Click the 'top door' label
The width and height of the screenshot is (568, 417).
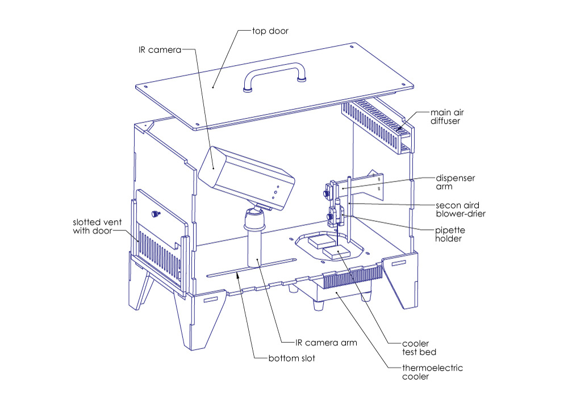tap(270, 31)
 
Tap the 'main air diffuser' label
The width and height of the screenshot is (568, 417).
tap(449, 116)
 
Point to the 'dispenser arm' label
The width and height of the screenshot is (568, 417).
tap(455, 182)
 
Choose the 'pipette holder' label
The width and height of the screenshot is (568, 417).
tap(450, 235)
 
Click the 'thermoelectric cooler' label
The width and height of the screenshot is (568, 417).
tap(433, 372)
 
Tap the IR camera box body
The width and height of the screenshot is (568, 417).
tap(244, 173)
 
